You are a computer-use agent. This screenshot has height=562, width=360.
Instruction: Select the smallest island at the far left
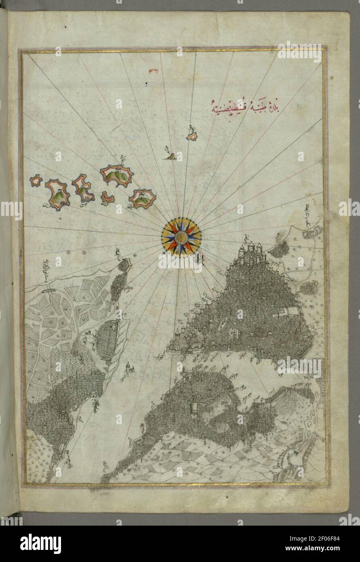(x=36, y=180)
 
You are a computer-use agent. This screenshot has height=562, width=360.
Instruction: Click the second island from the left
(x=58, y=194)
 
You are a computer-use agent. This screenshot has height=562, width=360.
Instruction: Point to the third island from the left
(x=83, y=188)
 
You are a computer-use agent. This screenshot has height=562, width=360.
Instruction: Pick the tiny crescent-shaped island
(x=107, y=197)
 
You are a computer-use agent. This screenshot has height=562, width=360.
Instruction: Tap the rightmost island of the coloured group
(x=143, y=199)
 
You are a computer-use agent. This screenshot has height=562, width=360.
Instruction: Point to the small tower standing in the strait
(x=130, y=367)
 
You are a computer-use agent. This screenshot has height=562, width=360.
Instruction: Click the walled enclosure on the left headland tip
(x=124, y=266)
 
